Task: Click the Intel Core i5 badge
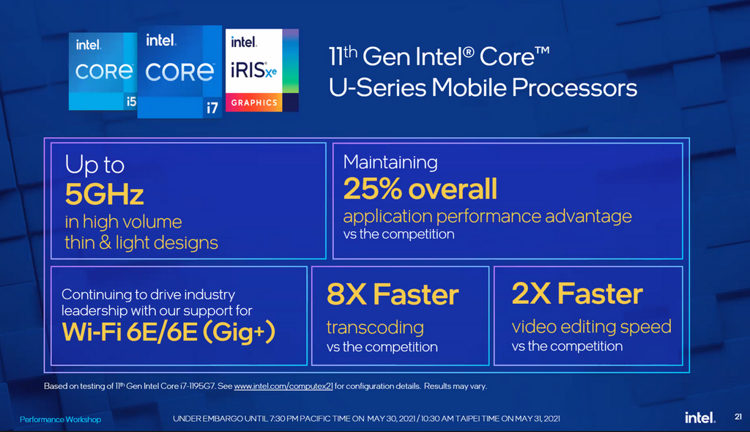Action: (103, 71)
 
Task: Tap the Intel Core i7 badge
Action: (179, 72)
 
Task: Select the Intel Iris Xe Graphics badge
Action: (262, 70)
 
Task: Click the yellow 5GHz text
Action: (104, 194)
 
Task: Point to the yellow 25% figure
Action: (373, 188)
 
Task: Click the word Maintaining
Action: (390, 162)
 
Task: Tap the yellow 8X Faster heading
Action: (393, 294)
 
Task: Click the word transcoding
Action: (375, 328)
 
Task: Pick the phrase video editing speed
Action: (592, 327)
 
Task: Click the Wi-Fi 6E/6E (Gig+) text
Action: (169, 332)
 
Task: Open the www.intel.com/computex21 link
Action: (283, 386)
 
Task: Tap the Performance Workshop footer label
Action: (60, 420)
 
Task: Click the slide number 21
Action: (738, 417)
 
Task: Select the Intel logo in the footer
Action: (699, 417)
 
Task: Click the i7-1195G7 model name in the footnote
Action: (198, 386)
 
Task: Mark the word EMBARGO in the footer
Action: (223, 419)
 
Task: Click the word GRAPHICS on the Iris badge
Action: (254, 103)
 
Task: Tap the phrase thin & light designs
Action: (141, 243)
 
